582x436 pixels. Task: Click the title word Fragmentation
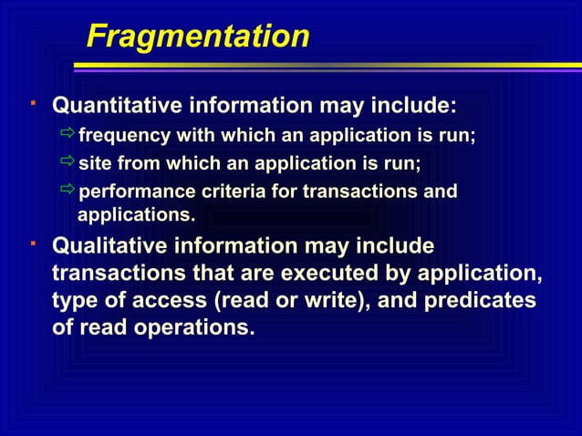pyautogui.click(x=197, y=37)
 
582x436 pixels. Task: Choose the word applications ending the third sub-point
pyautogui.click(x=136, y=215)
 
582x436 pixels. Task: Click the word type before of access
pyautogui.click(x=77, y=300)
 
